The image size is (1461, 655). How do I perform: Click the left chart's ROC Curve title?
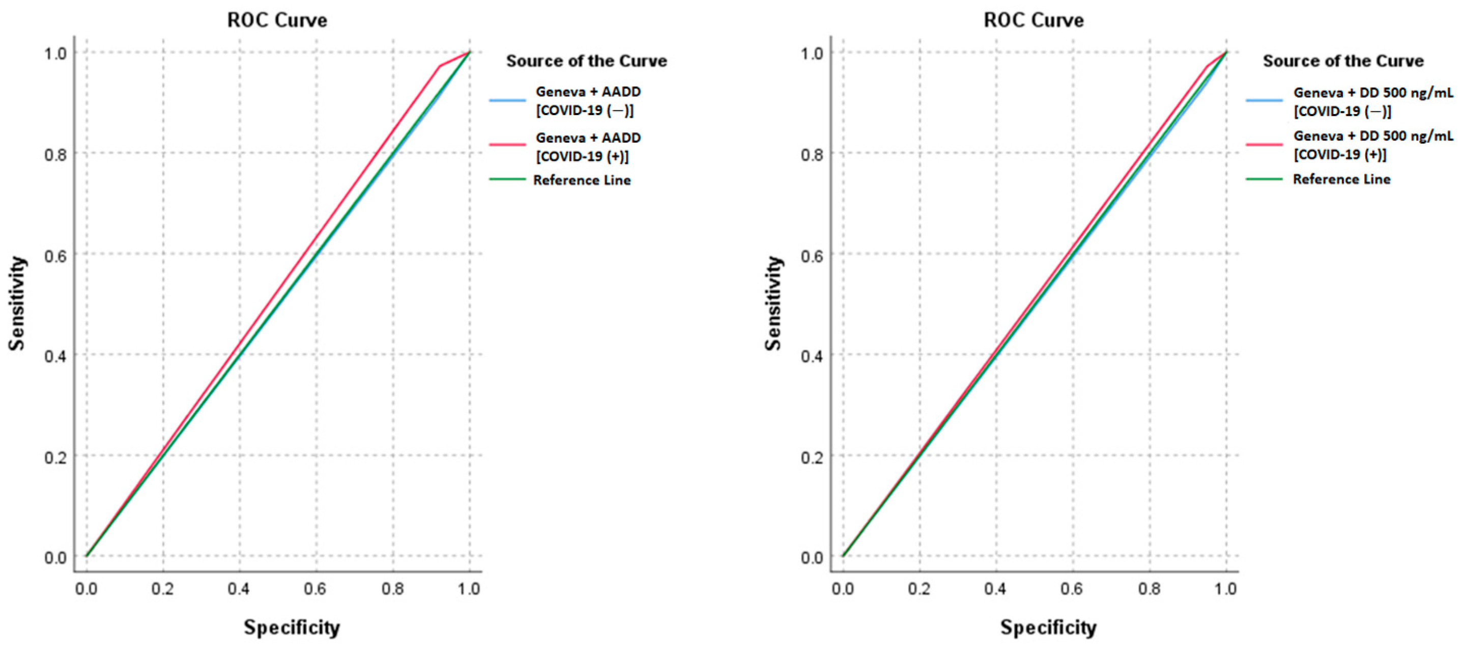coord(277,20)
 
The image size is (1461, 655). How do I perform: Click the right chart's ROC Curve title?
coord(1034,20)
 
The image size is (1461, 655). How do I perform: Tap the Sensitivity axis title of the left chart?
coord(17,304)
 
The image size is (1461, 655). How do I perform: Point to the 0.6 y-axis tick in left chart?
coord(55,255)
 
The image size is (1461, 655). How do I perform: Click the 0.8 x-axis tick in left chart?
coord(392,589)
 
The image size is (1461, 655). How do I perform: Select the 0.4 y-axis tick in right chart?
coord(812,357)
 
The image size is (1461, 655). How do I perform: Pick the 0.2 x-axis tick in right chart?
coord(919,589)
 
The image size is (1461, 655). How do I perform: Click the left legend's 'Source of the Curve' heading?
coord(586,61)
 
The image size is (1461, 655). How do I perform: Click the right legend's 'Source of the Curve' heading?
coord(1343,61)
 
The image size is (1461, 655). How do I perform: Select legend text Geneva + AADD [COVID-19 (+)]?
coord(588,147)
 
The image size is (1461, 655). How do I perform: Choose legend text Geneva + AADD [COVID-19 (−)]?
coord(588,100)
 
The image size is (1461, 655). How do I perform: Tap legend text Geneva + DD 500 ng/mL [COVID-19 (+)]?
coord(1372,145)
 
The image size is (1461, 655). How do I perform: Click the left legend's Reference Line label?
coord(582,180)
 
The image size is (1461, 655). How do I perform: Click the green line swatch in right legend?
coord(1264,179)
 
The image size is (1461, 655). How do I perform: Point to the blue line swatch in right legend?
coord(1264,100)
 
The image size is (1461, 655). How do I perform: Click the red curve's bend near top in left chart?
coord(440,66)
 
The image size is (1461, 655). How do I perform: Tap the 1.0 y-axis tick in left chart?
coord(55,53)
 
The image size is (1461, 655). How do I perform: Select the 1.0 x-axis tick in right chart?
coord(1225,589)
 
